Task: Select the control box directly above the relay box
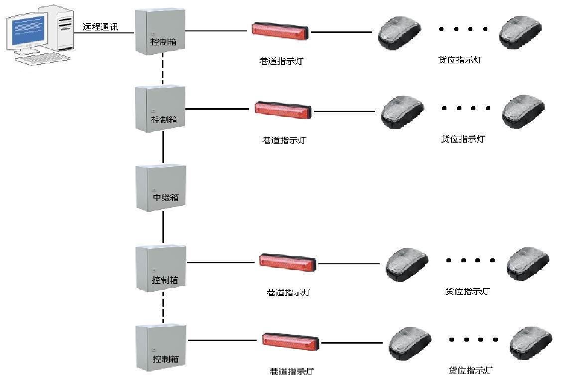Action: click(x=160, y=108)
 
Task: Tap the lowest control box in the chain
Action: click(x=161, y=347)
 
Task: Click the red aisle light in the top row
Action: click(x=281, y=30)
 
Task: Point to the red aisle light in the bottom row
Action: click(x=290, y=342)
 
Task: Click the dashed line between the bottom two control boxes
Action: click(x=163, y=308)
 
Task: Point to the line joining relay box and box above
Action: click(x=163, y=148)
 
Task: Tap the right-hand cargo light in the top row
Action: click(x=520, y=32)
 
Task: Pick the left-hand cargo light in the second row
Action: click(x=403, y=112)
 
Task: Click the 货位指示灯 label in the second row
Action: click(x=463, y=139)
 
